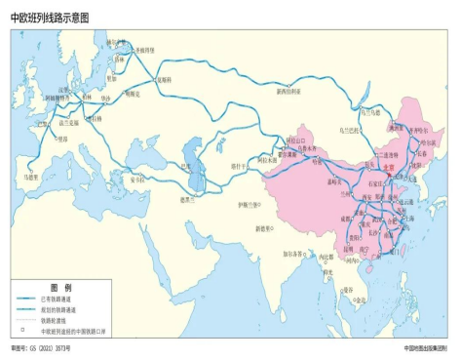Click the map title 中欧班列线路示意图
55,17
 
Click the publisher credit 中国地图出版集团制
425,348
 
